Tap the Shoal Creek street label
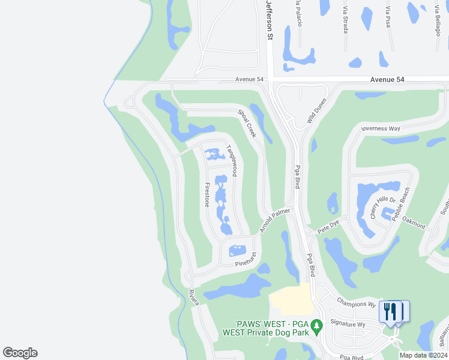coord(247,123)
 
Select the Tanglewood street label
coord(231,160)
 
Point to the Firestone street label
coord(207,194)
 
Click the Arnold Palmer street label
coord(275,221)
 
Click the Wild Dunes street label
coord(316,111)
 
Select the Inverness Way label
coord(380,128)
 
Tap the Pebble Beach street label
coord(400,203)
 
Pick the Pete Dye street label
coord(328,226)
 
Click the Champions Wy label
coord(355,302)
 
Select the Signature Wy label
coord(353,324)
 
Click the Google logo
coord(20,353)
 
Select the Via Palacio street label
coord(297,13)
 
